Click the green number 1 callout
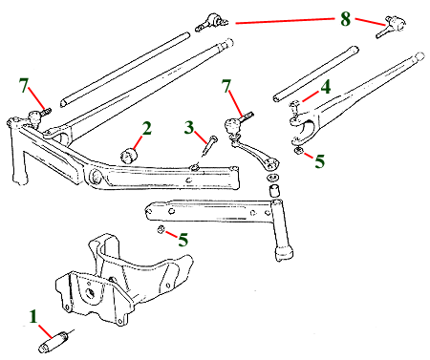[x=33, y=317]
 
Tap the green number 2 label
[x=146, y=129]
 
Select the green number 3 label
[x=189, y=127]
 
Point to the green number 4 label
[x=325, y=87]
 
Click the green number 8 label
[x=345, y=19]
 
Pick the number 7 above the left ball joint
[x=24, y=85]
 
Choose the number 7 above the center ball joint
[x=226, y=86]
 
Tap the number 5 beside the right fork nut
[x=319, y=160]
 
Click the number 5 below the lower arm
[x=183, y=240]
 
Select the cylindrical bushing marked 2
[x=129, y=155]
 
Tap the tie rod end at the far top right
[x=391, y=26]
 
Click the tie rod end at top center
[x=211, y=22]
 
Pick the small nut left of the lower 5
[x=161, y=229]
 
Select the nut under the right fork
[x=299, y=151]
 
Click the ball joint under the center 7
[x=233, y=125]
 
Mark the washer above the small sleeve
[x=272, y=177]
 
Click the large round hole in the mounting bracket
[x=90, y=292]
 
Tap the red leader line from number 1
[x=45, y=331]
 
